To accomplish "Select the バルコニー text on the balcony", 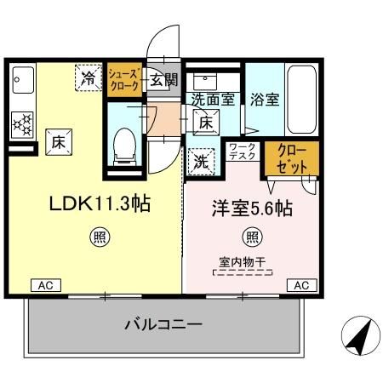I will (163, 324).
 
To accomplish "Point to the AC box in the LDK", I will (43, 286).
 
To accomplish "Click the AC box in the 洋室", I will (300, 286).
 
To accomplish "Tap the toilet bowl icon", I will (124, 144).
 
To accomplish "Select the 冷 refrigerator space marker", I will (89, 78).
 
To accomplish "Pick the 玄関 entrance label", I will (163, 81).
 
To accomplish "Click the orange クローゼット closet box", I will (292, 158).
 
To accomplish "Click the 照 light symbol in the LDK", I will (99, 237).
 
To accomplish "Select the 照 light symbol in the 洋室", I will (251, 237).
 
